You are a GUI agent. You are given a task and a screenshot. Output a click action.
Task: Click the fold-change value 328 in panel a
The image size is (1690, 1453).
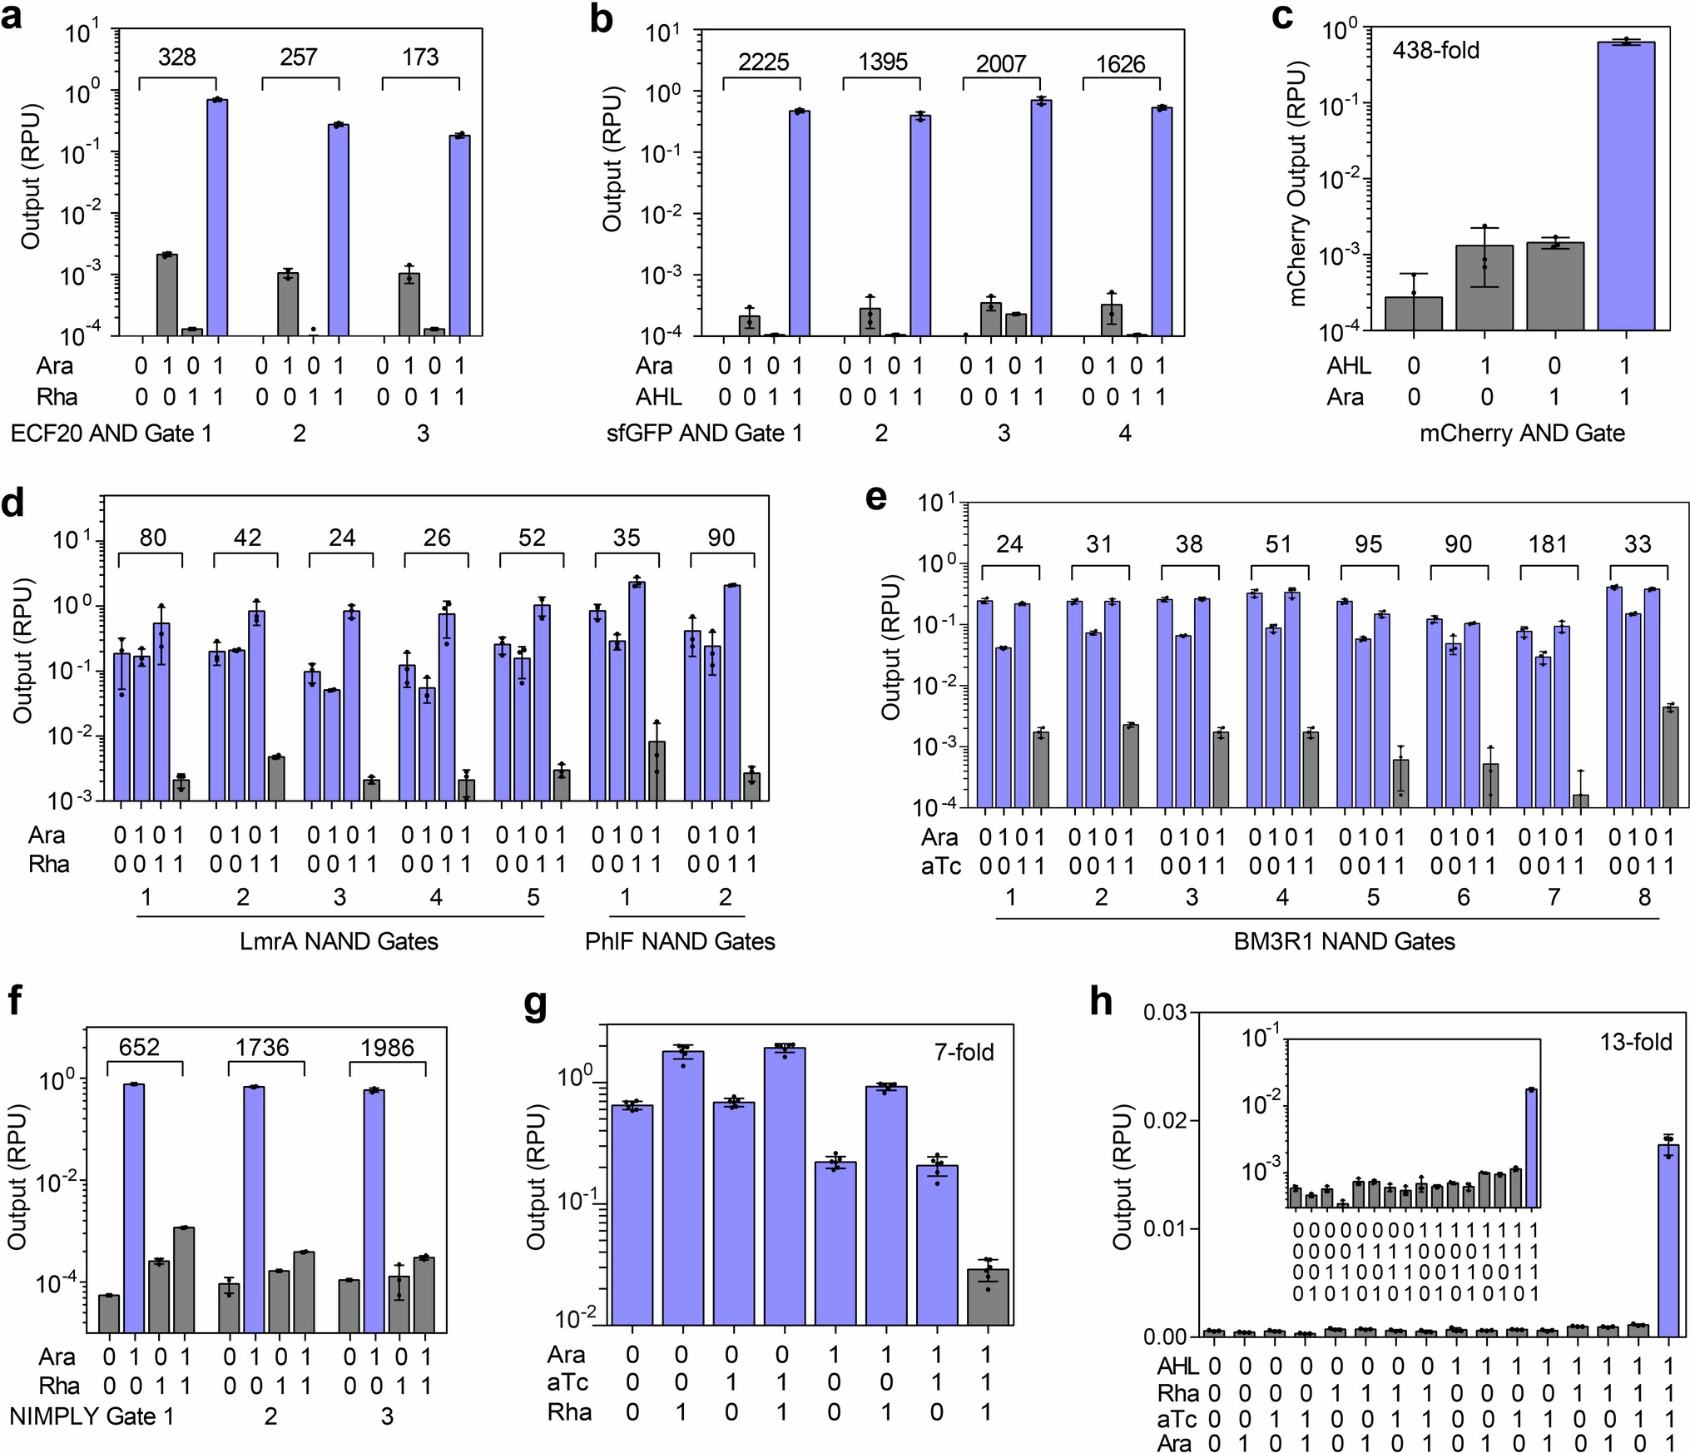176,57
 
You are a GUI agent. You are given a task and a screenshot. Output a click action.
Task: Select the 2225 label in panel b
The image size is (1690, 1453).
763,62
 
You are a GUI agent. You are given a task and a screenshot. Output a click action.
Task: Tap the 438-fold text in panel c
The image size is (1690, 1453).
1435,51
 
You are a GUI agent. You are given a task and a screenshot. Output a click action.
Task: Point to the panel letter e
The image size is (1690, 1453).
876,497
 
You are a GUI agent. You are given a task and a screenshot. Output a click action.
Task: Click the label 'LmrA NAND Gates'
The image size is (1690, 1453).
339,941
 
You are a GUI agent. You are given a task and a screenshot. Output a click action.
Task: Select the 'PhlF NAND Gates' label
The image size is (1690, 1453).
680,941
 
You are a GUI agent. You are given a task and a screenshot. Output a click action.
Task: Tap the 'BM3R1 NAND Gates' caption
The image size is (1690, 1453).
1344,941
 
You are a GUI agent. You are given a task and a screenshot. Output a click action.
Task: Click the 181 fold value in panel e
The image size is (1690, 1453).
1548,544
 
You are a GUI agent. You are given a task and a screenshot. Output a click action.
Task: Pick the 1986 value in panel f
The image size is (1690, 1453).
387,1047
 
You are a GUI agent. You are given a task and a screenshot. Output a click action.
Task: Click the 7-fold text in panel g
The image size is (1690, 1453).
964,1053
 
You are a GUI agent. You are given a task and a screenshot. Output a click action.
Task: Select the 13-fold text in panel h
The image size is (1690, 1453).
1635,1042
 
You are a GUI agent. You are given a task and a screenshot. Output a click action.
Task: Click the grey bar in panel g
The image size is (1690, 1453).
988,1297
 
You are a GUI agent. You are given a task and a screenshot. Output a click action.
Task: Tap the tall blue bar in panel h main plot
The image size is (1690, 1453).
1668,1240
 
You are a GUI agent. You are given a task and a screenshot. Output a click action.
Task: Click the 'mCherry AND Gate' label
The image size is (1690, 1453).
1521,434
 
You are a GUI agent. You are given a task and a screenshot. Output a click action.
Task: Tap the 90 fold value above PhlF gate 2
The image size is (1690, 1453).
721,538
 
